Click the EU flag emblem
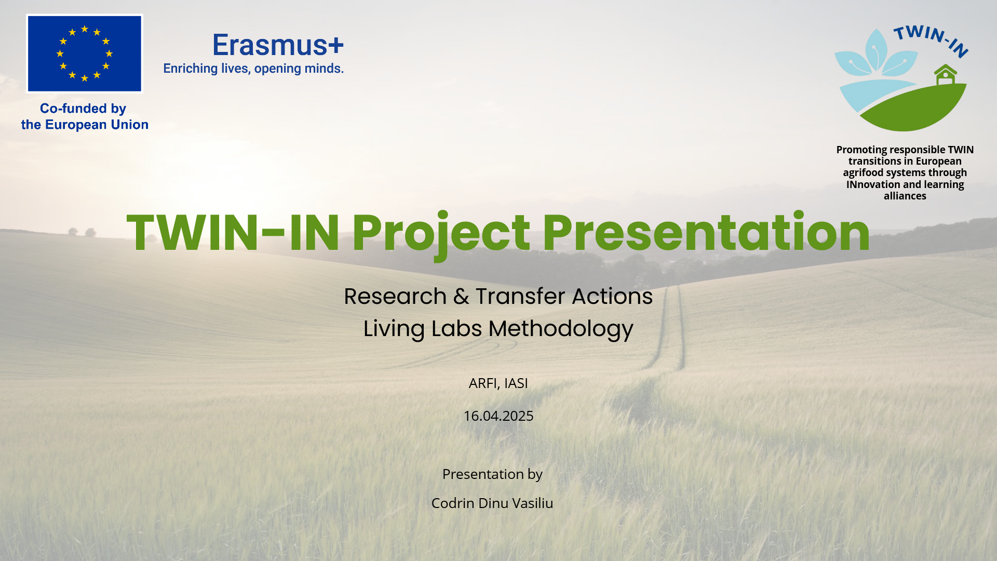click(x=85, y=54)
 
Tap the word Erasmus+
click(x=278, y=45)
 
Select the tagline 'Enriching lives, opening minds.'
click(x=253, y=69)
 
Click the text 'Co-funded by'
click(x=83, y=109)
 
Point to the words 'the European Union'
click(x=85, y=125)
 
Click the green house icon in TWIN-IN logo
click(x=946, y=75)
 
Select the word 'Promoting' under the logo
click(x=861, y=150)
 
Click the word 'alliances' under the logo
click(x=905, y=196)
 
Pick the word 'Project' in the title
click(x=441, y=235)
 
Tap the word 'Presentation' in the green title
click(x=707, y=233)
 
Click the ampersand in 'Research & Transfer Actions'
click(x=461, y=297)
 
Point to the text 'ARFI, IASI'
click(x=498, y=383)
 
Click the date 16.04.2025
click(x=498, y=416)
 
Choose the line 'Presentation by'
click(x=492, y=475)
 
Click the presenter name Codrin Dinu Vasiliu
click(x=492, y=503)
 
